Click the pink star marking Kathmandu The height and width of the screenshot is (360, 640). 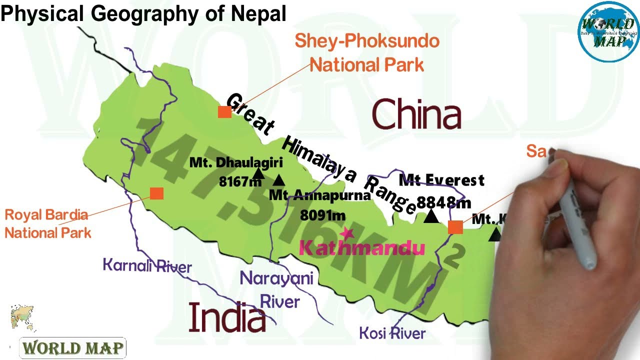coord(346,232)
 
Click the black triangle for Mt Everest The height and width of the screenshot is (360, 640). coord(431,216)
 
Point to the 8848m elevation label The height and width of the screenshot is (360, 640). coord(443,202)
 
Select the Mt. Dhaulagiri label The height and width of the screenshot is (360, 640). coord(236,162)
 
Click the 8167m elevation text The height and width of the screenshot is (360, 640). coord(240,181)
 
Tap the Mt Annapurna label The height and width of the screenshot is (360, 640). coord(320,195)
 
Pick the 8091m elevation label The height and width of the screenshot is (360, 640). coord(322,215)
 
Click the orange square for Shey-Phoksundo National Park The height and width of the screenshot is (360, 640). coord(224,112)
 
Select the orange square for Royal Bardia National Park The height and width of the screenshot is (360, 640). coord(156,193)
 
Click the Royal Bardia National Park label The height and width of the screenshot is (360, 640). coord(47,223)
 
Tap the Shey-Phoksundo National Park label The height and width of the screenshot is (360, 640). coord(367,52)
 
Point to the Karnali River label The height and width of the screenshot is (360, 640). coord(147,265)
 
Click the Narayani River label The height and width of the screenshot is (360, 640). coord(277,289)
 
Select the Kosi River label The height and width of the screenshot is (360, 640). coord(392,333)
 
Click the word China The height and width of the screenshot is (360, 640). coord(416,114)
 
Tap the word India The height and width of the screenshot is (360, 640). coord(227,318)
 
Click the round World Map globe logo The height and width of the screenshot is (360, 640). coord(608,32)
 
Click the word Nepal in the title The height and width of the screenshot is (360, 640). coord(258,13)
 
